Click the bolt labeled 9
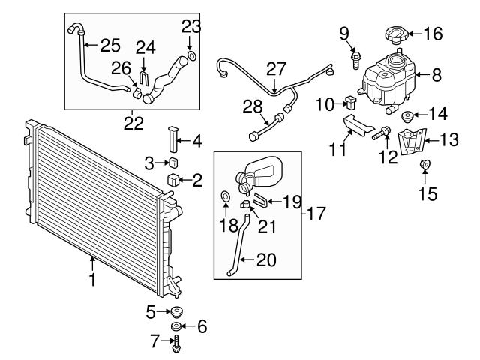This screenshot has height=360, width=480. point(355,54)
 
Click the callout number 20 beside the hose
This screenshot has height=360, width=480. point(266,260)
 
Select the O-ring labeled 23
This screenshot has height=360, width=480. point(192,55)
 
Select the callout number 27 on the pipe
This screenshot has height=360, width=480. point(277,67)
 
